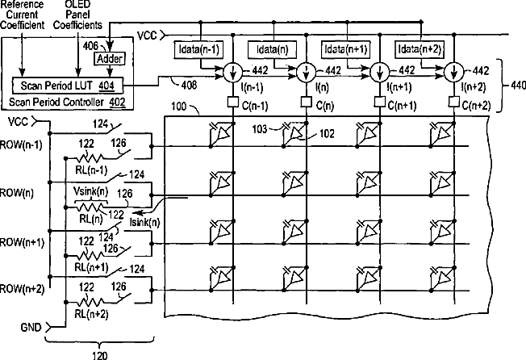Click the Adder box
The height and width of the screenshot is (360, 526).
tap(110, 59)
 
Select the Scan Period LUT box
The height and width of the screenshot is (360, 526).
tap(68, 86)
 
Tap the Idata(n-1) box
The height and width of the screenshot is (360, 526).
tap(198, 49)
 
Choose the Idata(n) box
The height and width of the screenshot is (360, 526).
tap(272, 49)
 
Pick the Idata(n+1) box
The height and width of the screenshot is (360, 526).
tap(345, 49)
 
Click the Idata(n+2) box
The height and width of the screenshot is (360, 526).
tap(419, 49)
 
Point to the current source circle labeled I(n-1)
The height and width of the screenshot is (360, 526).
tap(232, 72)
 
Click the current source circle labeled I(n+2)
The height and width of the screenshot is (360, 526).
tap(453, 72)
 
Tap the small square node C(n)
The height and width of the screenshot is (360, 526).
tap(306, 102)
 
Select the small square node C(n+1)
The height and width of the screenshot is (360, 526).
tap(379, 102)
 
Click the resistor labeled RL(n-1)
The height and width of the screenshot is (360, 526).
tap(90, 157)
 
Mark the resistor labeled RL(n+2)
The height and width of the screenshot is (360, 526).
tap(90, 302)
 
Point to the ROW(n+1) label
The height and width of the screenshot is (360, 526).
tap(22, 242)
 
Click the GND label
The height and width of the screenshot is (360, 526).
tap(31, 327)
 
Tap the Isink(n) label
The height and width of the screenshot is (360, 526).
tap(144, 222)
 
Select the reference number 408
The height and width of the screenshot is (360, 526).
tap(189, 86)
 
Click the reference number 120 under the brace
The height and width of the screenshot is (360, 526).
tap(99, 355)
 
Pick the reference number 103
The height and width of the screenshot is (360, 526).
tap(260, 129)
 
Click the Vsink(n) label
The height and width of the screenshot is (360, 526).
tap(90, 191)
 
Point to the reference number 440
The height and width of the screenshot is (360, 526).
tap(518, 86)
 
